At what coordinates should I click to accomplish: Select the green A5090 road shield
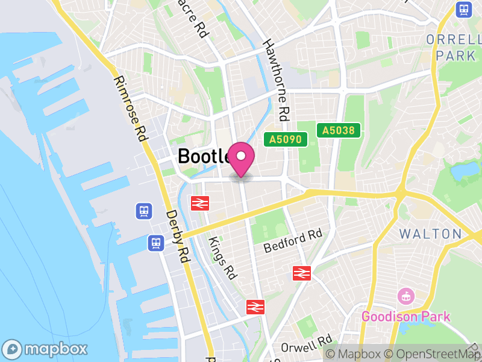pyautogui.click(x=286, y=140)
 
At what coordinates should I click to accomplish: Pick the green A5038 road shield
pyautogui.click(x=338, y=130)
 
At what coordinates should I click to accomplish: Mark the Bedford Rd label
pyautogui.click(x=293, y=241)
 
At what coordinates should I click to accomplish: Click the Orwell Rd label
pyautogui.click(x=307, y=346)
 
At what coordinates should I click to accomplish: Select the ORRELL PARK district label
pyautogui.click(x=452, y=47)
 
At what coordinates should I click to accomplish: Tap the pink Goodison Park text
pyautogui.click(x=405, y=316)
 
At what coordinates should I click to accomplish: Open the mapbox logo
pyautogui.click(x=46, y=349)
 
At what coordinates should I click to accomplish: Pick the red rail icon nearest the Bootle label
pyautogui.click(x=199, y=203)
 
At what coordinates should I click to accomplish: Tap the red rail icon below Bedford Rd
pyautogui.click(x=301, y=273)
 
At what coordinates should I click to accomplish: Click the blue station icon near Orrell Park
pyautogui.click(x=463, y=9)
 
